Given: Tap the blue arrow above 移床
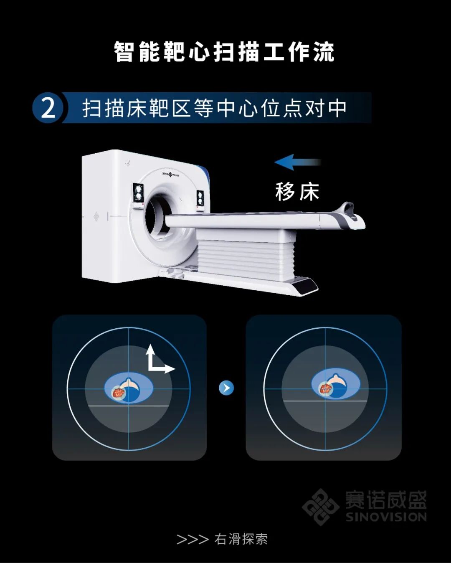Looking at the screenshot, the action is click(x=298, y=162).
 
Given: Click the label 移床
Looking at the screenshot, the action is click(x=297, y=192).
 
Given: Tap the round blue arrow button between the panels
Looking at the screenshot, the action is click(x=226, y=388).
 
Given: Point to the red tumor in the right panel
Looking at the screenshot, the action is click(x=325, y=388).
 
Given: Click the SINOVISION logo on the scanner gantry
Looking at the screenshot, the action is click(x=171, y=174).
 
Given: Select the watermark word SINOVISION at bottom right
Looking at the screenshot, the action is click(x=386, y=517).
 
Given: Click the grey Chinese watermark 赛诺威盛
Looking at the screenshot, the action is click(x=386, y=500).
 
